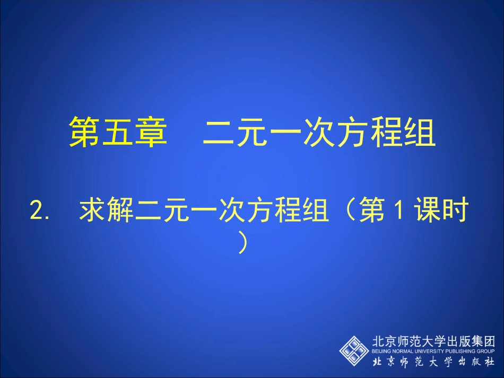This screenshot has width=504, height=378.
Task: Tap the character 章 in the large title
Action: click(x=150, y=133)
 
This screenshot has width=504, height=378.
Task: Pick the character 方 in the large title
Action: click(x=352, y=133)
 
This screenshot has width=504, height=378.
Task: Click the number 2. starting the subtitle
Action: click(x=40, y=212)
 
